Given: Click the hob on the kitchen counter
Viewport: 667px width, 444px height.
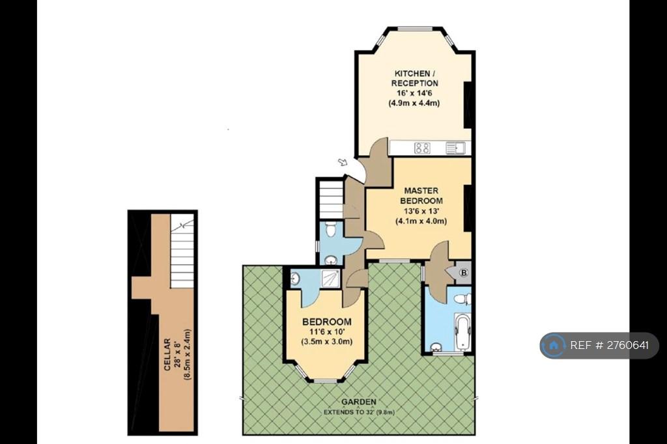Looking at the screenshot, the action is pyautogui.click(x=422, y=148).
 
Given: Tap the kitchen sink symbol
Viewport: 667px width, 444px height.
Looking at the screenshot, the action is pyautogui.click(x=455, y=148).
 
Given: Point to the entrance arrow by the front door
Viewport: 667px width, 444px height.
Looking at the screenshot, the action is pyautogui.click(x=343, y=162).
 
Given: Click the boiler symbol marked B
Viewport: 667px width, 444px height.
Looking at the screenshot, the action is pyautogui.click(x=464, y=273).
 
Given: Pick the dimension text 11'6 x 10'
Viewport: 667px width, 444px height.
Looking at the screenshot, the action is pyautogui.click(x=327, y=332).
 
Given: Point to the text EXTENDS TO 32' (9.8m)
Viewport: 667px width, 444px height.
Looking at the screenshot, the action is pyautogui.click(x=359, y=412).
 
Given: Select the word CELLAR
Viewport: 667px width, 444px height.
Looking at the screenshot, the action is pyautogui.click(x=167, y=354).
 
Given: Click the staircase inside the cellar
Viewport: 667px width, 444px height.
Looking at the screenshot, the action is pyautogui.click(x=182, y=251).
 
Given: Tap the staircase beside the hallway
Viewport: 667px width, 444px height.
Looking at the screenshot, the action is pyautogui.click(x=331, y=199).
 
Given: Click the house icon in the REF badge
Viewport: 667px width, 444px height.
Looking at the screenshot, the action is pyautogui.click(x=554, y=345).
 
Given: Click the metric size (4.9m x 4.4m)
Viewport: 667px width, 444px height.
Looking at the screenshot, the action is pyautogui.click(x=414, y=103).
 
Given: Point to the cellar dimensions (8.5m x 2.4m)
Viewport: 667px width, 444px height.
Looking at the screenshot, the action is pyautogui.click(x=187, y=354).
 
